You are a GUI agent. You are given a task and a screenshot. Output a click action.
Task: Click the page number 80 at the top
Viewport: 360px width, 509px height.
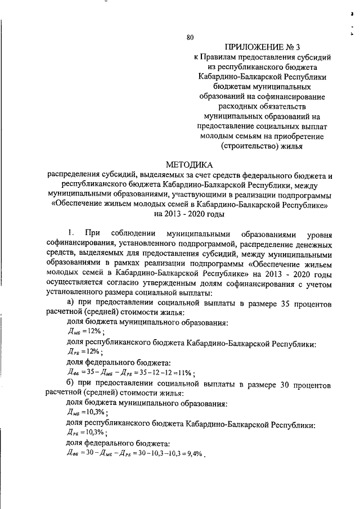[190, 38]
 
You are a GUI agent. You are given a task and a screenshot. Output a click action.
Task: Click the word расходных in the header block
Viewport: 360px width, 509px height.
[235, 107]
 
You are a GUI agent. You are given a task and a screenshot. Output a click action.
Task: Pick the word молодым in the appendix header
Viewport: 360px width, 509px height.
[212, 138]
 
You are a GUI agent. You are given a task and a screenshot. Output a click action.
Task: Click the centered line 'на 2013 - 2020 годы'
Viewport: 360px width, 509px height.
[189, 214]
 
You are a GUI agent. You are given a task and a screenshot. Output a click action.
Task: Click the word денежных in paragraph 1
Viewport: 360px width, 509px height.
[313, 244]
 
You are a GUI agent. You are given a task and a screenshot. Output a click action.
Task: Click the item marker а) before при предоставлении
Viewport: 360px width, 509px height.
[71, 304]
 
